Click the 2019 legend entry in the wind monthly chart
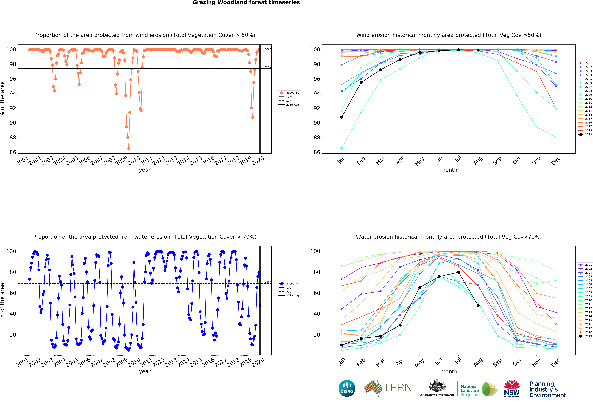tap(585, 134)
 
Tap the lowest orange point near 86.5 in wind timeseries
tap(129, 148)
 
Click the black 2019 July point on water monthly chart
tap(459, 272)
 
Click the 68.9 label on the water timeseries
tap(268, 282)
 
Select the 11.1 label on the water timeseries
tap(268, 343)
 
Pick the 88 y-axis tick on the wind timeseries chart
tap(13, 137)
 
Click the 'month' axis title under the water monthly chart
tap(449, 372)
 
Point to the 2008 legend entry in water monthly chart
tap(585, 293)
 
